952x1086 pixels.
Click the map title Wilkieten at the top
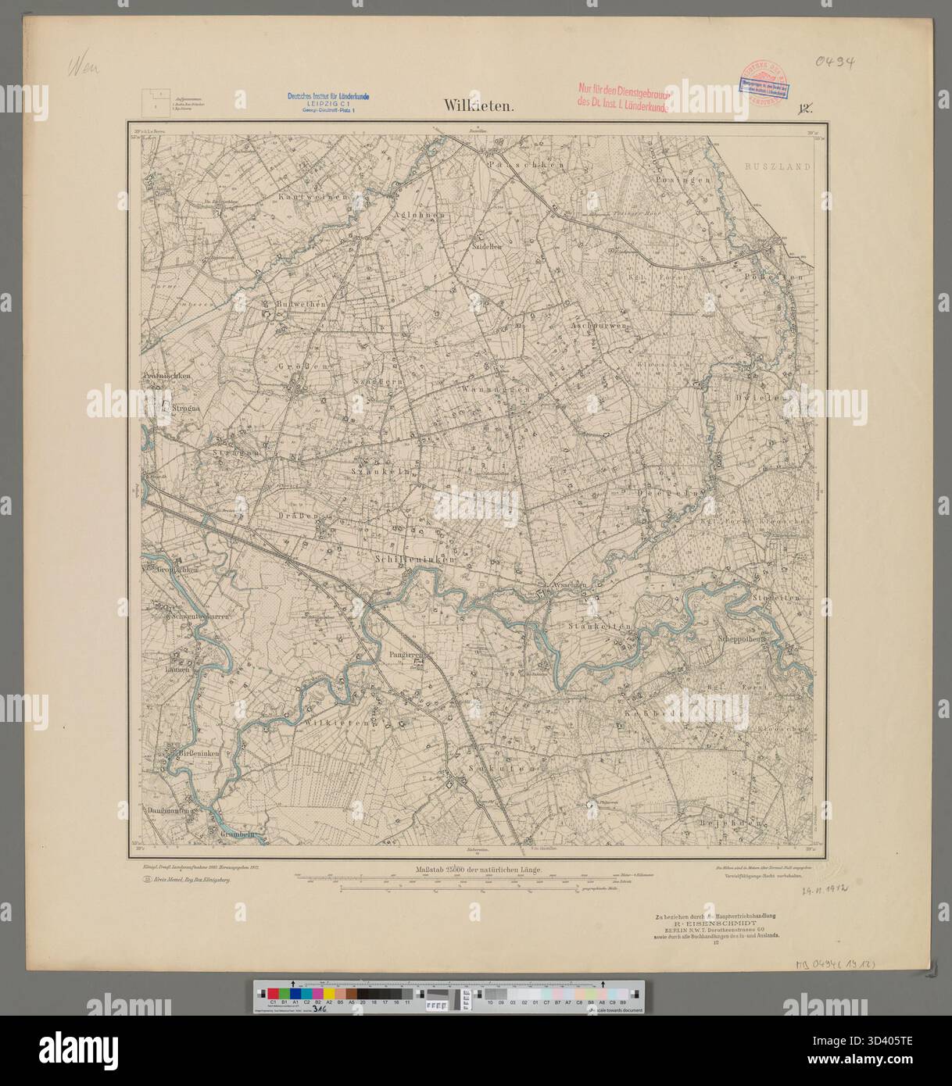click(x=478, y=106)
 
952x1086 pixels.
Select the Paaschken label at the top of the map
click(x=514, y=166)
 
